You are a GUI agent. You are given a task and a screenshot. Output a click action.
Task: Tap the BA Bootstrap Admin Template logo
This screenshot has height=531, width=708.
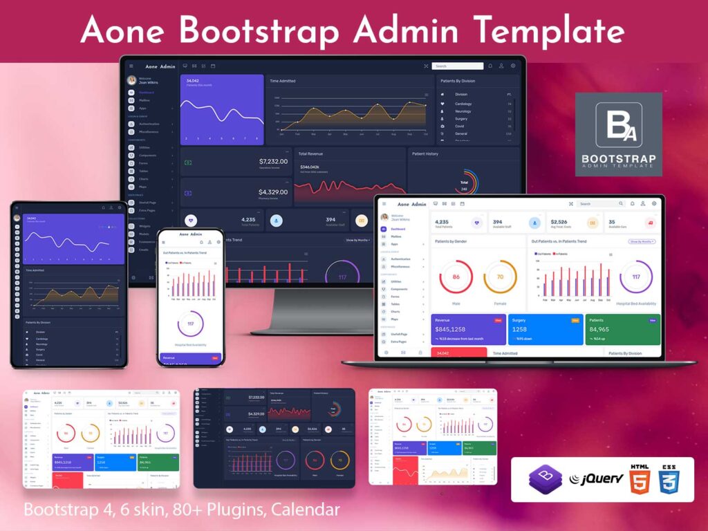tap(618, 134)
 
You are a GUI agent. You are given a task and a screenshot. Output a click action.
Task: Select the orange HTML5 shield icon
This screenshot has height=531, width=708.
tap(640, 479)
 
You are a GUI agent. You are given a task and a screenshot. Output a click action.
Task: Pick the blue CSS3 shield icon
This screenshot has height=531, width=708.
tap(669, 479)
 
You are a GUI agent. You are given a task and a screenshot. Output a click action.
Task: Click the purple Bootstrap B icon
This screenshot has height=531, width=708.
tap(546, 479)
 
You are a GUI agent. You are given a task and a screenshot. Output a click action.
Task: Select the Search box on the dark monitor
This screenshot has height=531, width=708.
tap(457, 66)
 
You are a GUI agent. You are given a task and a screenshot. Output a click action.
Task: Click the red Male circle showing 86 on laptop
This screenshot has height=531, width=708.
tap(456, 277)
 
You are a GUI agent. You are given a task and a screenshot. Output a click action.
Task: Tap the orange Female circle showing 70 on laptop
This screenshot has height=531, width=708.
tap(500, 277)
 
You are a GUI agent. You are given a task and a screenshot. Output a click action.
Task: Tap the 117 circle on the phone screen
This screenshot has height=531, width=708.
tap(190, 324)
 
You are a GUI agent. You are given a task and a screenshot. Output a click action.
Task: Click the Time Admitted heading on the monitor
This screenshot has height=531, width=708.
tap(282, 81)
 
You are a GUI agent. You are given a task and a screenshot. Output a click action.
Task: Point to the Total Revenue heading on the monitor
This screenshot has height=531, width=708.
tap(310, 153)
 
